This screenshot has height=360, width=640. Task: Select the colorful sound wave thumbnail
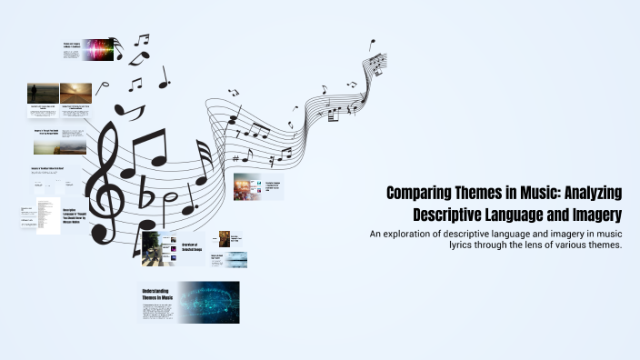[x=98, y=49]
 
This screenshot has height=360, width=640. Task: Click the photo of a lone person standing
[x=44, y=93]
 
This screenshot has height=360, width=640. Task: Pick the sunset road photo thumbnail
[x=76, y=93]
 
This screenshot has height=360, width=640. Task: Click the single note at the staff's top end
[x=371, y=45]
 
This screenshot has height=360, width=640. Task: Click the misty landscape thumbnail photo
[x=60, y=145]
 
